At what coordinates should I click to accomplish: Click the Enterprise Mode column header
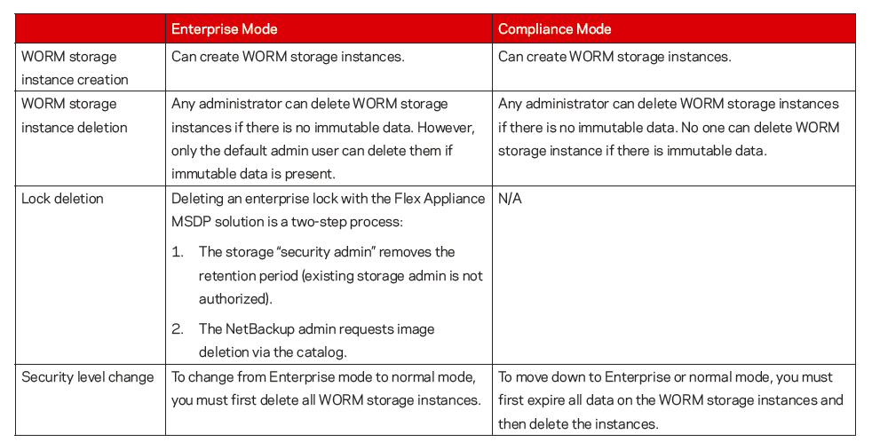coord(224,29)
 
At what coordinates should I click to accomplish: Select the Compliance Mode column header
coord(554,29)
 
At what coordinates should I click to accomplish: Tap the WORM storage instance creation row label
coord(75,67)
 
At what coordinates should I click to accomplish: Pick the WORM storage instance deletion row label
coord(75,115)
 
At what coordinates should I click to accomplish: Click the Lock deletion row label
coord(62,198)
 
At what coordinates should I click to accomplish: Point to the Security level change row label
coord(87,376)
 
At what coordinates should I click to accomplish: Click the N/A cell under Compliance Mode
coord(510,198)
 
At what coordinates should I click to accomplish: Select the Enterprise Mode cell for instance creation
coord(287,57)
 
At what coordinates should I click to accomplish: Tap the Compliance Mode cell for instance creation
coord(614,57)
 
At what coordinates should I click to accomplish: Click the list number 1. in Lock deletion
coord(178,252)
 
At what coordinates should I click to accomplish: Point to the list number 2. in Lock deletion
coord(178,329)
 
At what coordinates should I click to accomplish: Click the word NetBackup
coord(265,329)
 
